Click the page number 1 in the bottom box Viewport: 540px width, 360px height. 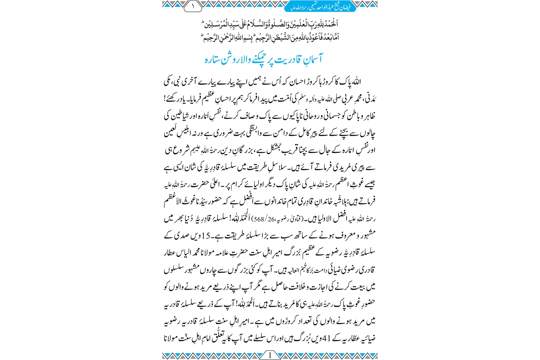[270, 355]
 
